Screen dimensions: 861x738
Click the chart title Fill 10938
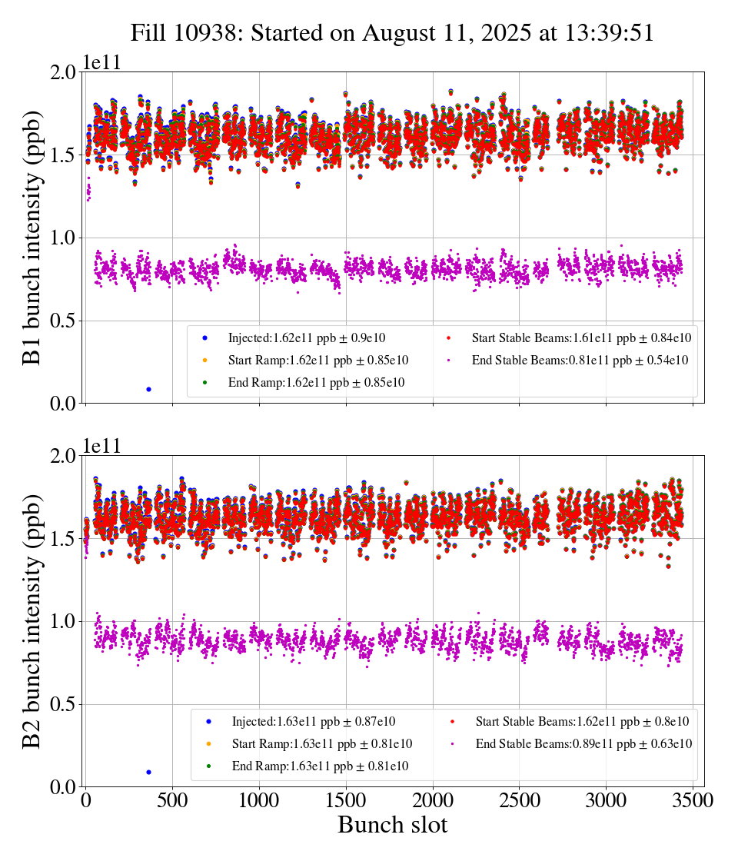tap(392, 33)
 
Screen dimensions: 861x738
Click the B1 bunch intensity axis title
tap(32, 238)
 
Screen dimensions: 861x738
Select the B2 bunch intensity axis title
tap(32, 621)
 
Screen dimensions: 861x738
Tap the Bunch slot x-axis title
tap(392, 826)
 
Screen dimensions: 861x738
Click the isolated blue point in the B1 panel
tap(148, 389)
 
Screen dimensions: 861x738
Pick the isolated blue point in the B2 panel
tap(148, 772)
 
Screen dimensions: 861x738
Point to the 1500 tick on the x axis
tap(347, 800)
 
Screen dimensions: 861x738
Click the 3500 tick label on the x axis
tap(693, 800)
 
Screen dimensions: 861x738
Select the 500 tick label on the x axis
tap(173, 800)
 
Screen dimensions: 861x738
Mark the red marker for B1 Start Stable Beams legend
tap(448, 337)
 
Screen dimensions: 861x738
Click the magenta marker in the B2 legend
tap(452, 744)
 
